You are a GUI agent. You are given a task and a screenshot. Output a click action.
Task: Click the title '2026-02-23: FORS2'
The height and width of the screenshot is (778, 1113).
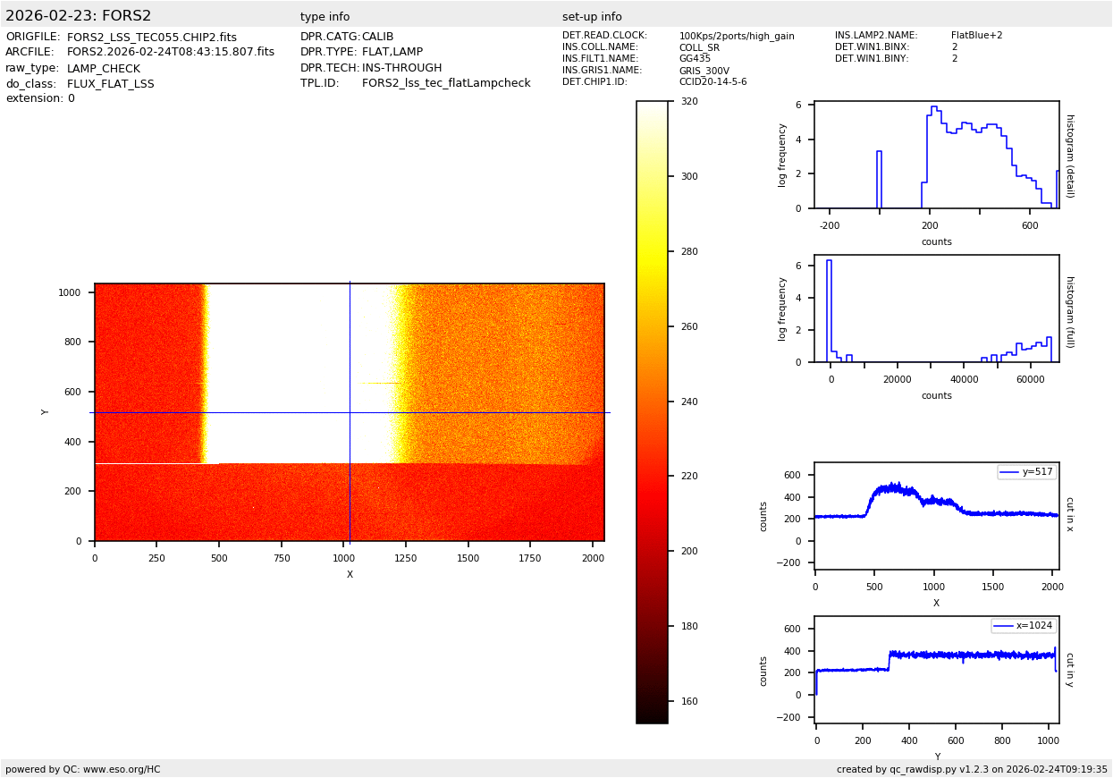[x=79, y=16]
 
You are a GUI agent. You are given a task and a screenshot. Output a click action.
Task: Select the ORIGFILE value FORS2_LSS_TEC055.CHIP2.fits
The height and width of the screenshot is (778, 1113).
[x=152, y=38]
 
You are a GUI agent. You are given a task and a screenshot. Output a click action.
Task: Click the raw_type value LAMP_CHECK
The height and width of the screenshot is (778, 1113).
[x=104, y=69]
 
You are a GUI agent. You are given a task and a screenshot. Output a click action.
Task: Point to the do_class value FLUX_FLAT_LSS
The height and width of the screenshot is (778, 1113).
[x=110, y=84]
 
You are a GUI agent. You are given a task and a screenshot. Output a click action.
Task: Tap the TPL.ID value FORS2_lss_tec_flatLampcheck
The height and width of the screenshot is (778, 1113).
[x=446, y=83]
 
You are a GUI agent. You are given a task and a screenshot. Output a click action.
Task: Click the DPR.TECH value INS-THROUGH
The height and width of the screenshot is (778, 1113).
[x=401, y=68]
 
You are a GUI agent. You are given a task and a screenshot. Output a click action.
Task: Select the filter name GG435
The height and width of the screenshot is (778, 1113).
[x=695, y=59]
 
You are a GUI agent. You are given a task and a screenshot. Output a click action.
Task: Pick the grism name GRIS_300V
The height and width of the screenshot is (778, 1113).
[x=704, y=71]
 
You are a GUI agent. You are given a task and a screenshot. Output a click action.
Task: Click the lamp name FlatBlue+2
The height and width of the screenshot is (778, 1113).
[x=976, y=36]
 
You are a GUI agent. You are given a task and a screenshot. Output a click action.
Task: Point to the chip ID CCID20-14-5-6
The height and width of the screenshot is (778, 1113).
[x=712, y=82]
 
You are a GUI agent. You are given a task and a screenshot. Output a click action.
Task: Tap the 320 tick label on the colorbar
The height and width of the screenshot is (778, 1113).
[x=689, y=102]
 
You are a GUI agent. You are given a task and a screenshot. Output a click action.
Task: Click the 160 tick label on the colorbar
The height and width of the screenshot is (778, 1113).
[x=689, y=701]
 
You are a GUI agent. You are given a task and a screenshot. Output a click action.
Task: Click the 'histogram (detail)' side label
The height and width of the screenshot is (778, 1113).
[x=1069, y=156]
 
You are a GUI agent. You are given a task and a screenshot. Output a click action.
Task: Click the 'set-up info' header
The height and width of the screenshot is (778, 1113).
[x=592, y=17]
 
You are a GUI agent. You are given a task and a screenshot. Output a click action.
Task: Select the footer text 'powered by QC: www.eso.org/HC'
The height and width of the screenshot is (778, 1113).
[x=83, y=769]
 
